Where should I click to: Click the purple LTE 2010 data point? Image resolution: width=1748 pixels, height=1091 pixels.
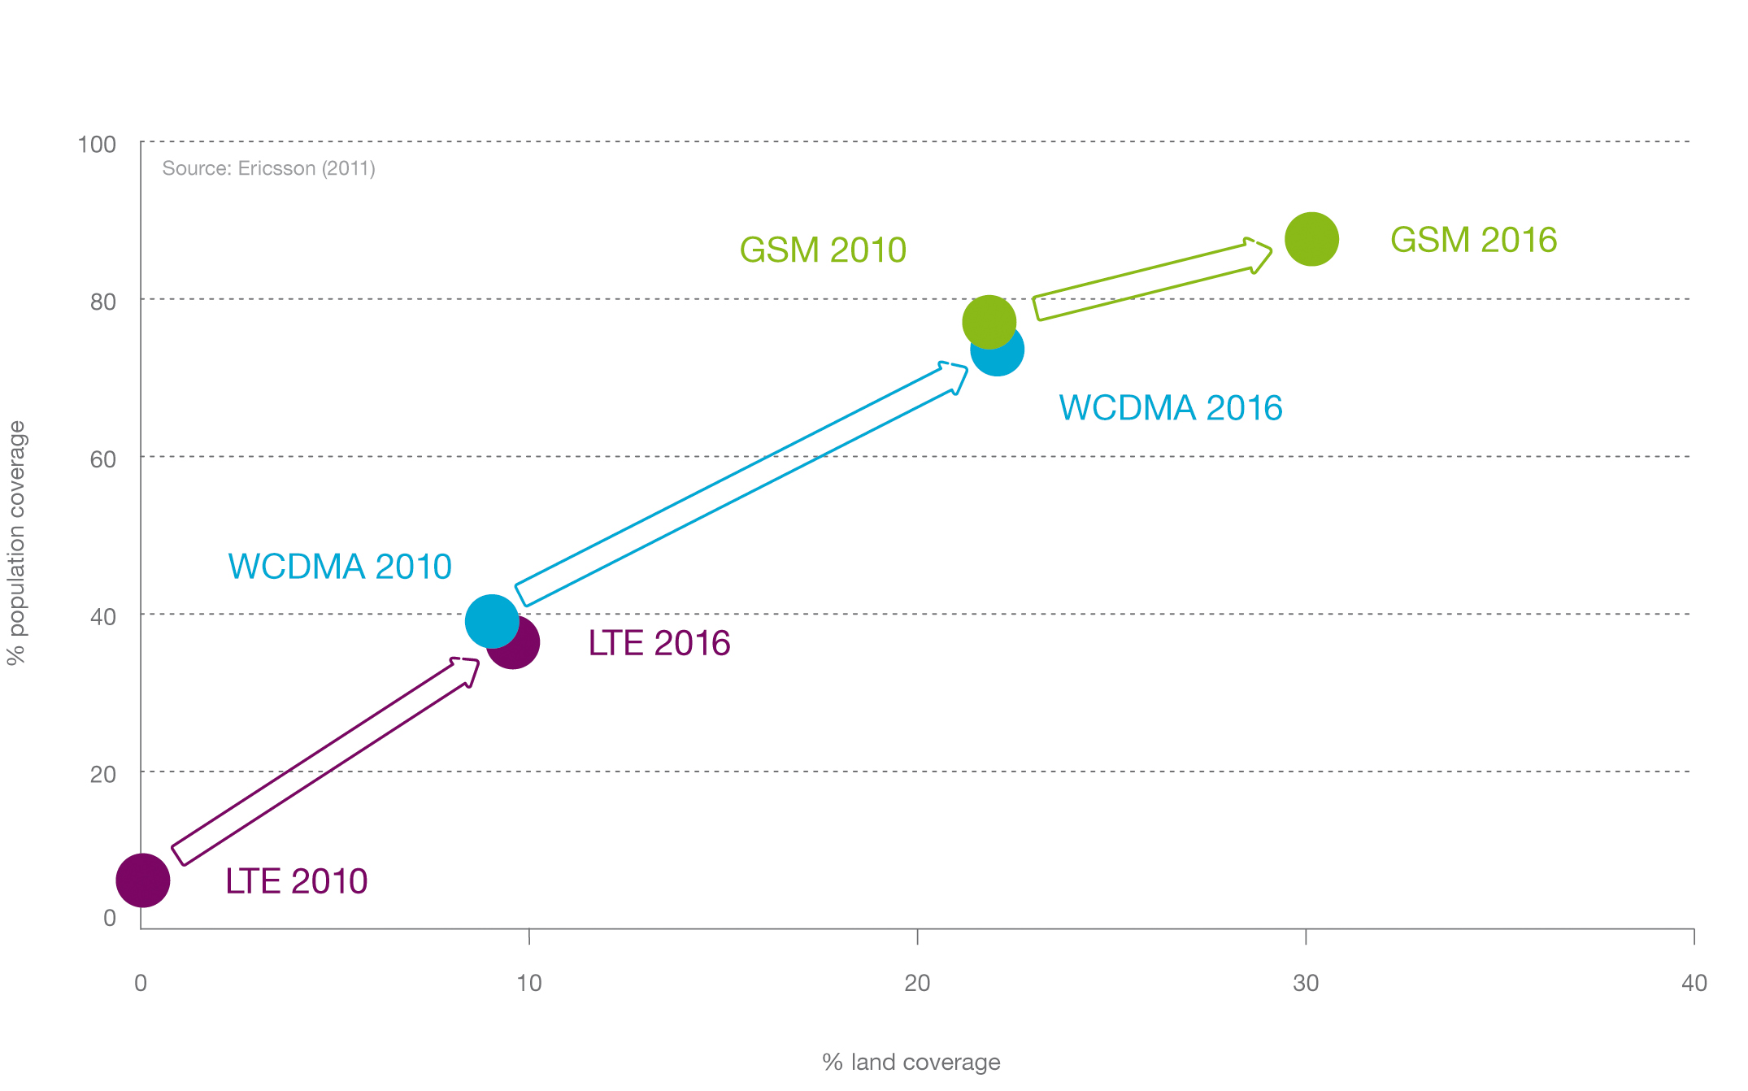(x=143, y=880)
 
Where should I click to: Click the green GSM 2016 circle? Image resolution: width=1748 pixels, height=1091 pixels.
(x=1311, y=239)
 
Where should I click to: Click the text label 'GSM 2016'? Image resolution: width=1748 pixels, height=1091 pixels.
(x=1473, y=240)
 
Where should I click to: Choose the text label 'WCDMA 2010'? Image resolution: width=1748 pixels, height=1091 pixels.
(x=340, y=567)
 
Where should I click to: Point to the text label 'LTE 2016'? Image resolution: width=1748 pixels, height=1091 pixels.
(x=659, y=643)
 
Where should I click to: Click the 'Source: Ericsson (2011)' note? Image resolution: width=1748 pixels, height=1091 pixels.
(x=268, y=168)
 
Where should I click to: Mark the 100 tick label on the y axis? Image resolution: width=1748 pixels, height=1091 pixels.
(x=97, y=145)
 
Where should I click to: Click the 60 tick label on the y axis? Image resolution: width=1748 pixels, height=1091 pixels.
(x=102, y=459)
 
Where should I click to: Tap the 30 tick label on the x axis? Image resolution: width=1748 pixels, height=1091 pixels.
(x=1305, y=984)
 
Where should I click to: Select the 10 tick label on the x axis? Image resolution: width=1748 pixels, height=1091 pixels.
(x=528, y=984)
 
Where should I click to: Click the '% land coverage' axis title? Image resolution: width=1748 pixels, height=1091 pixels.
(x=911, y=1062)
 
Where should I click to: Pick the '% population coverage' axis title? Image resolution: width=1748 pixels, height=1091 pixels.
(x=17, y=543)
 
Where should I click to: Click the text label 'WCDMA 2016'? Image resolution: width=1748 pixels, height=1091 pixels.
(x=1170, y=408)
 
